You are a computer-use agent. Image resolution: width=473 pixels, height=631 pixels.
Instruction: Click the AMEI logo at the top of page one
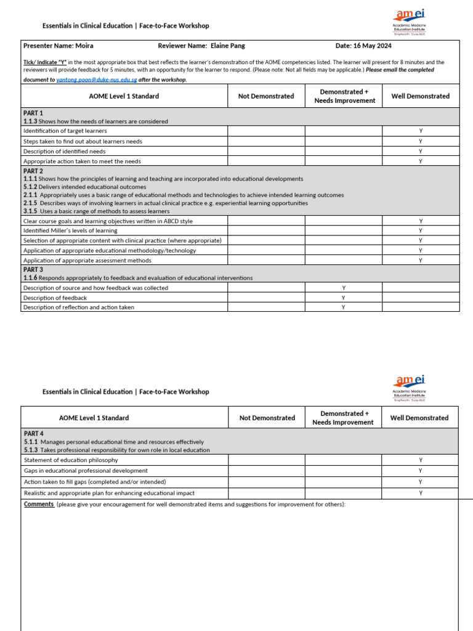click(410, 22)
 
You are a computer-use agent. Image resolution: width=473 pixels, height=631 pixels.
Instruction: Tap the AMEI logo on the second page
click(410, 387)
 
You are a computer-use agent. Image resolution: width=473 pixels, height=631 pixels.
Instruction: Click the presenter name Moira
click(85, 46)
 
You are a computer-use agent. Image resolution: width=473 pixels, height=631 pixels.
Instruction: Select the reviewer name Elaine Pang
click(227, 46)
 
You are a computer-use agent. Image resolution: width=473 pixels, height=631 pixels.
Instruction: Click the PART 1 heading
click(33, 113)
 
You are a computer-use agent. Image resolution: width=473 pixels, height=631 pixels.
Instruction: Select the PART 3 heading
click(33, 270)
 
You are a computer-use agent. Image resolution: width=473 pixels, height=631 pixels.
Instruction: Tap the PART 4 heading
click(33, 434)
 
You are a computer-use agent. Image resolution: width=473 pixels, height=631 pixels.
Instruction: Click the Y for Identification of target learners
click(421, 131)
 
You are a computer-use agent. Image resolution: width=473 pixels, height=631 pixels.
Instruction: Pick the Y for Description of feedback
click(343, 298)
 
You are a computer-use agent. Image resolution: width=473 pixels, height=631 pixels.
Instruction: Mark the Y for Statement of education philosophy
click(421, 460)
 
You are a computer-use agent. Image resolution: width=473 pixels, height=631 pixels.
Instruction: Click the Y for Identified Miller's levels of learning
click(421, 231)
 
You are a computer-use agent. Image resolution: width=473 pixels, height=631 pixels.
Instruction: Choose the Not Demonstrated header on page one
click(266, 96)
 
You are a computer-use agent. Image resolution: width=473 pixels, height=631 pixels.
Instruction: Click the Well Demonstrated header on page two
click(419, 418)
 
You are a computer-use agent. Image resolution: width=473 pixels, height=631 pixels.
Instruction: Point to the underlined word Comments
click(39, 504)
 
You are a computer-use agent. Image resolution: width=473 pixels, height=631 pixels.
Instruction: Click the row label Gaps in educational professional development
click(85, 471)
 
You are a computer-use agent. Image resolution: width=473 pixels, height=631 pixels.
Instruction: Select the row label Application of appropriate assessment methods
click(87, 261)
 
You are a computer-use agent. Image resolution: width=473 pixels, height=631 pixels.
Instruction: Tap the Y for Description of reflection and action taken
click(343, 307)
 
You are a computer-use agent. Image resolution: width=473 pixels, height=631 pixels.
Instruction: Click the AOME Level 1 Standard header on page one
click(124, 96)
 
